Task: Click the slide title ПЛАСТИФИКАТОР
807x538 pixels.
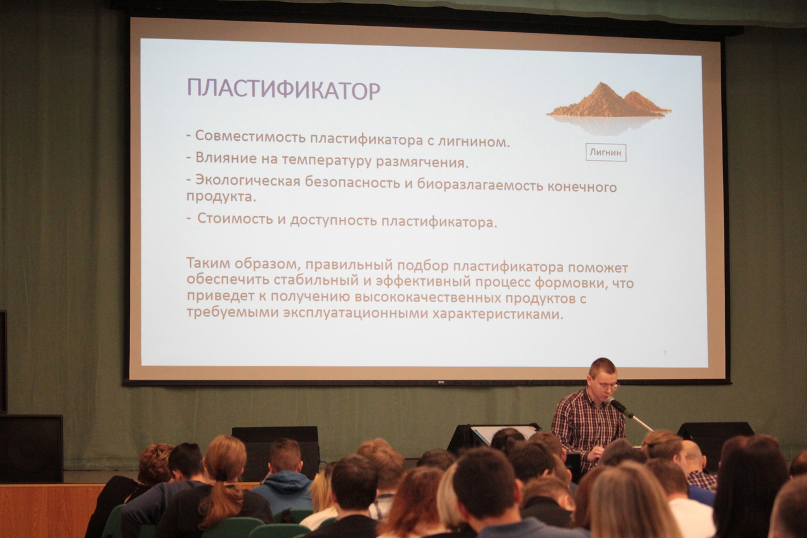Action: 284,89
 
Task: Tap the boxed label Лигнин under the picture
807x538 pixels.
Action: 606,153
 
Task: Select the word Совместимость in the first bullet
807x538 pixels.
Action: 250,137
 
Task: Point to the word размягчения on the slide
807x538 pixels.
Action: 422,162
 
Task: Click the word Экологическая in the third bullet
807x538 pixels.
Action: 248,181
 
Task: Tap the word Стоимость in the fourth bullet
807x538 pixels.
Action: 235,218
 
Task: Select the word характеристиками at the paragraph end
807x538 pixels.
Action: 497,314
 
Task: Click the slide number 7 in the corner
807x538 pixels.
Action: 665,353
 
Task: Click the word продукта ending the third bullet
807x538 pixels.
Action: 221,197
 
